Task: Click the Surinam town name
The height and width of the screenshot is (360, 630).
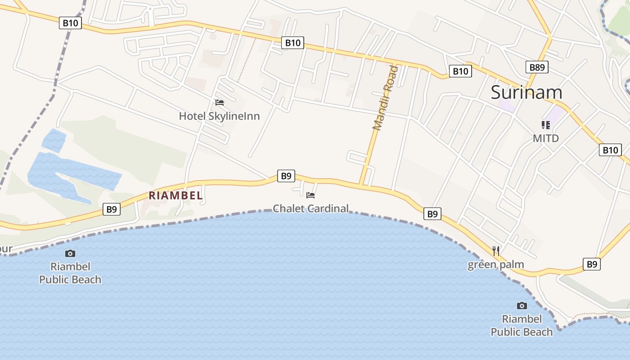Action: pyautogui.click(x=526, y=92)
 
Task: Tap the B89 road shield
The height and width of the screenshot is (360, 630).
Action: pyautogui.click(x=536, y=67)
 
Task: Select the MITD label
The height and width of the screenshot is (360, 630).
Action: pyautogui.click(x=545, y=138)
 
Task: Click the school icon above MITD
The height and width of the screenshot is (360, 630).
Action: pyautogui.click(x=546, y=125)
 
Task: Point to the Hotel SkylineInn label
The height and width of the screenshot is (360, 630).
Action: pyautogui.click(x=219, y=116)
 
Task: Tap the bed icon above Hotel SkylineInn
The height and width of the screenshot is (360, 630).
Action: pyautogui.click(x=220, y=103)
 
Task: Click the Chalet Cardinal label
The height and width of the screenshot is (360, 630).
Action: pyautogui.click(x=310, y=208)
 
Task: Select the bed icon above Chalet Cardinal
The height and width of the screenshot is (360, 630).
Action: pyautogui.click(x=310, y=195)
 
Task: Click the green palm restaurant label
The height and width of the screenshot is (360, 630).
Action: pyautogui.click(x=495, y=264)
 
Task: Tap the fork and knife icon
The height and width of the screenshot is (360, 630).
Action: pyautogui.click(x=496, y=251)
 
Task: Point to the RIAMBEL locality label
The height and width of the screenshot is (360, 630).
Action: pyautogui.click(x=175, y=196)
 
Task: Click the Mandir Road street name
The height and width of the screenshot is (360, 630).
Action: pyautogui.click(x=386, y=98)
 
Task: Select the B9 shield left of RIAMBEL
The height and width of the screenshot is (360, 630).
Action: pyautogui.click(x=112, y=209)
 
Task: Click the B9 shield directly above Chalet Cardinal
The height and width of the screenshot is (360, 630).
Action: pyautogui.click(x=286, y=176)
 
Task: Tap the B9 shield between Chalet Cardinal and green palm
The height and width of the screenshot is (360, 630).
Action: pyautogui.click(x=432, y=214)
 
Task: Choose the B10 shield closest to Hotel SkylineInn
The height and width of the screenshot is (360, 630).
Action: pyautogui.click(x=292, y=43)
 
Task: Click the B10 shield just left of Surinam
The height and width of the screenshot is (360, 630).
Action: pyautogui.click(x=460, y=71)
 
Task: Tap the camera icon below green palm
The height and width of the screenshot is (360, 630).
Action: pyautogui.click(x=522, y=306)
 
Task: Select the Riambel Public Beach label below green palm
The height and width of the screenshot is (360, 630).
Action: pyautogui.click(x=522, y=325)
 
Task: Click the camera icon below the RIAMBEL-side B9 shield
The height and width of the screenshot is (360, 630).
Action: pyautogui.click(x=70, y=254)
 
